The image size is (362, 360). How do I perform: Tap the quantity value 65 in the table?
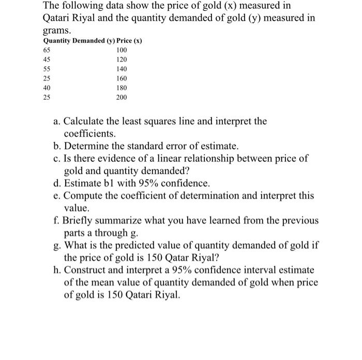click(47, 50)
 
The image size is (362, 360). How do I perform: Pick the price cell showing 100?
click(121, 50)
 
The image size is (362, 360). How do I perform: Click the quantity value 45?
click(47, 59)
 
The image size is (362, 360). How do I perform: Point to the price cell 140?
click(121, 69)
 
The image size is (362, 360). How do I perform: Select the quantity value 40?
click(47, 88)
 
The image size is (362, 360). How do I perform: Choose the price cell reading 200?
click(121, 97)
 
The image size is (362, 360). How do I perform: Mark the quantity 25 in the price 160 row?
click(47, 79)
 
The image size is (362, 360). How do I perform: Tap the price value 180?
click(121, 88)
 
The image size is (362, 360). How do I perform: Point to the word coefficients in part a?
click(92, 133)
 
